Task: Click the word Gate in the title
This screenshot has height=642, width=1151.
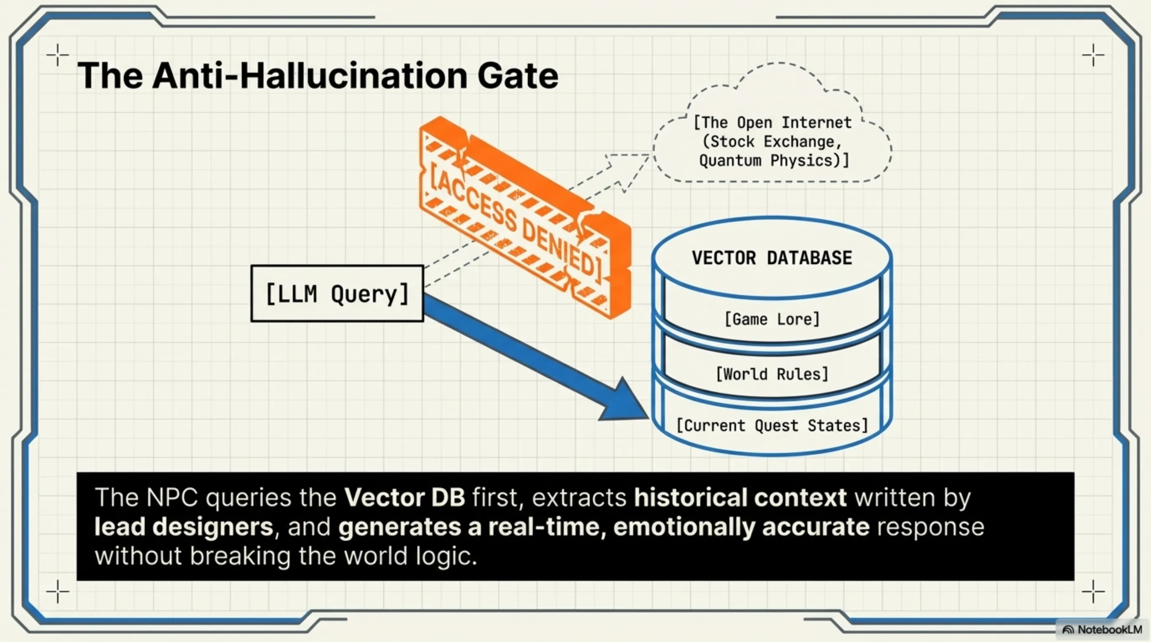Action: click(x=518, y=76)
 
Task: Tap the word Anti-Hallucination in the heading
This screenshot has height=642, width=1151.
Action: click(x=309, y=76)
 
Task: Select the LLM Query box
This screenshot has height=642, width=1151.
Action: click(x=337, y=294)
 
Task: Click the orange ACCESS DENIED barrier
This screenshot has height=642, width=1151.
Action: click(x=523, y=219)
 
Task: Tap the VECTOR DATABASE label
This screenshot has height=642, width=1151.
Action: click(x=772, y=258)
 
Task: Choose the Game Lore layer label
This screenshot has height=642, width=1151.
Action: click(x=772, y=319)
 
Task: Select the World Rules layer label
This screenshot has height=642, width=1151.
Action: click(x=772, y=374)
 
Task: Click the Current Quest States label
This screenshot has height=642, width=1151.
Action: click(x=772, y=425)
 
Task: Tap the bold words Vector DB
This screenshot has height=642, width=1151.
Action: click(x=404, y=497)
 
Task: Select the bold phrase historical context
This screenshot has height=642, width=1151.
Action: click(x=740, y=497)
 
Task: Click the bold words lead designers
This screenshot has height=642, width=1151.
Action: click(x=184, y=527)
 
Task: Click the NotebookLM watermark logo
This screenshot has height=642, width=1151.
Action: click(x=1068, y=630)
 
